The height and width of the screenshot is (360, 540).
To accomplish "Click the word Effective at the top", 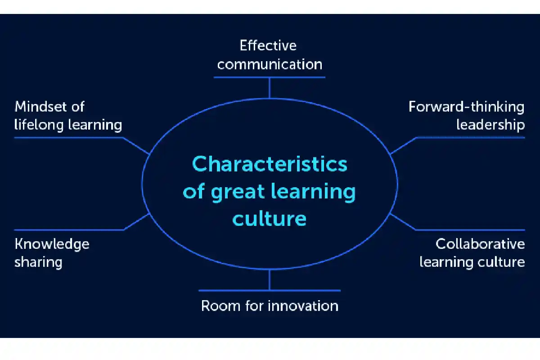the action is tap(268, 45).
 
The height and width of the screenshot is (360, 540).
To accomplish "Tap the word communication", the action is tap(270, 64).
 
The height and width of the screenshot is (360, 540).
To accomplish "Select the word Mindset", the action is tap(40, 107).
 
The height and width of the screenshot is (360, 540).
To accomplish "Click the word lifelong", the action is tap(39, 125).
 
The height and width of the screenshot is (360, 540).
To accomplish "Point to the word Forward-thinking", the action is tap(467, 107).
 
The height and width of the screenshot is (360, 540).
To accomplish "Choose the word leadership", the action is tap(490, 125).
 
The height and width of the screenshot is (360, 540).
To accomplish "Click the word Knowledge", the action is tap(52, 244).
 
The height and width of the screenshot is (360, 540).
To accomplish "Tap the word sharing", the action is tap(38, 262).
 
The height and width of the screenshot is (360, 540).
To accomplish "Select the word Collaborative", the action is tap(480, 244).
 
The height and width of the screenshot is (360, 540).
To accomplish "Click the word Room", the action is tap(221, 306).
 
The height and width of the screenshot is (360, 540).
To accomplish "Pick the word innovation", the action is tap(303, 306).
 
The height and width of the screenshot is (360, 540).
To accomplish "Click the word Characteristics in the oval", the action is tap(270, 164).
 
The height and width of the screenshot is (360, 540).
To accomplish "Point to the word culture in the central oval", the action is tap(269, 218).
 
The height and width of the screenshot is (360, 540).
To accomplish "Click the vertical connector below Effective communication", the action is tap(269, 88).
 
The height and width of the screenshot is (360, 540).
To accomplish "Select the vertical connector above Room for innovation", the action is tap(269, 280).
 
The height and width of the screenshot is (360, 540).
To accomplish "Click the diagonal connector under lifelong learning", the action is tap(136, 146).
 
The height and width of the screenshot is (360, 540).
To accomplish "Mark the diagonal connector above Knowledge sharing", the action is tap(137, 222).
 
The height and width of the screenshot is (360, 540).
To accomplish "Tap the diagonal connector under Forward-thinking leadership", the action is tap(403, 146).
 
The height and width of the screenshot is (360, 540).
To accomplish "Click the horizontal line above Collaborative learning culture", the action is tap(470, 230).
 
